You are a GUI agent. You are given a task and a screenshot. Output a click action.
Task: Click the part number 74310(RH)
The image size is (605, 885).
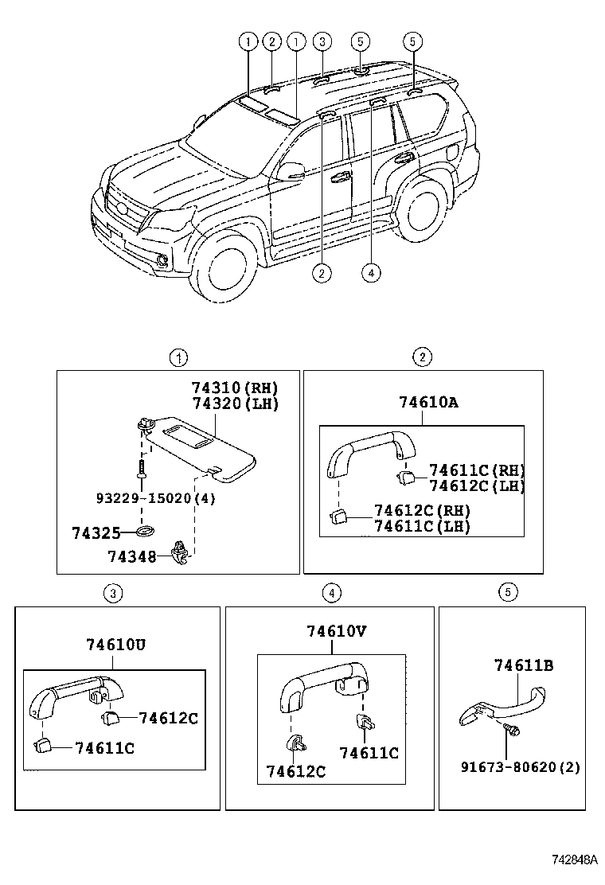[x=234, y=388]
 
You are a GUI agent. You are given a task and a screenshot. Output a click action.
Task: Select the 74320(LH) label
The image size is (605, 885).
[x=234, y=404]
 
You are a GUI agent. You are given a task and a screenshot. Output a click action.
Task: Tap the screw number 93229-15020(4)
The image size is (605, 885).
[x=155, y=498]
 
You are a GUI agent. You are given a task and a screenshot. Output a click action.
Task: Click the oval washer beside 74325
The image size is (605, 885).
[x=145, y=531]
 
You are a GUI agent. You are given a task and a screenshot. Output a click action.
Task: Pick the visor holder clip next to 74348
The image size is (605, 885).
[x=181, y=551]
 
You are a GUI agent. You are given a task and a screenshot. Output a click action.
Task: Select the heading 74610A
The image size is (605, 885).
[x=428, y=403]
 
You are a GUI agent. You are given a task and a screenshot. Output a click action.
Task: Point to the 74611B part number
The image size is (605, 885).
[x=523, y=665]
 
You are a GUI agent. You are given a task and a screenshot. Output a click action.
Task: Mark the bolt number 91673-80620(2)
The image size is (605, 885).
[x=520, y=767]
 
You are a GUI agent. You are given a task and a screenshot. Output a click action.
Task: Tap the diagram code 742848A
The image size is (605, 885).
[x=575, y=860]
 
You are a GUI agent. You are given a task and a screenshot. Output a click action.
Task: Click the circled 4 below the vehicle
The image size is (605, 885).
[x=370, y=272]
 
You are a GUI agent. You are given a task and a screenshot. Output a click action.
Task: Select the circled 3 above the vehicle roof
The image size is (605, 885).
[x=321, y=41]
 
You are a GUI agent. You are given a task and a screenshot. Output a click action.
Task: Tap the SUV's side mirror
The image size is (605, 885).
[x=291, y=170]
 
